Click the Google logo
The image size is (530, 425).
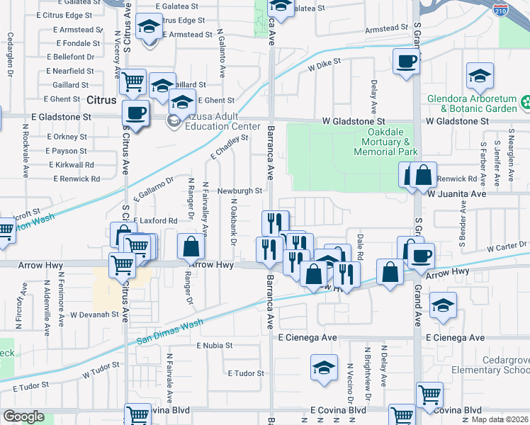point(23,416)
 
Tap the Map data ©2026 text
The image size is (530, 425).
point(500,419)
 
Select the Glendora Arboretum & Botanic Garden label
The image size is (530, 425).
point(473,103)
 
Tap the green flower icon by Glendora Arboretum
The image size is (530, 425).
point(525,103)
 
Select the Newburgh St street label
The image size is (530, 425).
point(239,191)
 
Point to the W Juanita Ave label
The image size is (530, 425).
point(457,193)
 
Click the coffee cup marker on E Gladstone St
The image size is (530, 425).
point(135,112)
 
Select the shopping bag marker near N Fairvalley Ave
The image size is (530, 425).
point(191,246)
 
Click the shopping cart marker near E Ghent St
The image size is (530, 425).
point(133,82)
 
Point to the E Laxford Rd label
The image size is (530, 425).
point(154,221)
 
